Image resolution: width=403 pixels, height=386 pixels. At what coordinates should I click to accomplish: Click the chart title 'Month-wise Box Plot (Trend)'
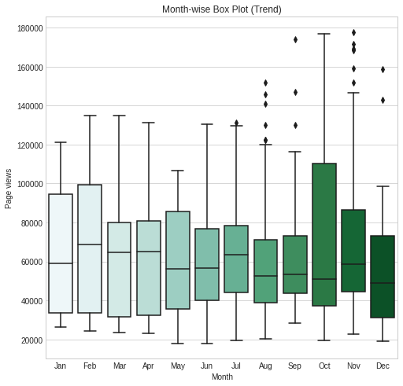[222, 9]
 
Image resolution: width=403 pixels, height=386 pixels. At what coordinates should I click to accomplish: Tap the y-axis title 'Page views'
[8, 189]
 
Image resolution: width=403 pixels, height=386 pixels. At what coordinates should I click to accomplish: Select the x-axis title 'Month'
[222, 377]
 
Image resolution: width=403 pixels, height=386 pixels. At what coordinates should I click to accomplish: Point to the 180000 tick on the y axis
[30, 28]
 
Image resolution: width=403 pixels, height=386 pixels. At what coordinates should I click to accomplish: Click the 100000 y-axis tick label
[30, 184]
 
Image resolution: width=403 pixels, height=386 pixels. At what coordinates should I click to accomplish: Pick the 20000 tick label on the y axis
[31, 340]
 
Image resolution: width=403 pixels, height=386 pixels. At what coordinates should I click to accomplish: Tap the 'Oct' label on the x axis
[324, 366]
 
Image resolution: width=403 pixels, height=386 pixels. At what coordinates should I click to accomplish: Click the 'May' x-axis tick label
[178, 366]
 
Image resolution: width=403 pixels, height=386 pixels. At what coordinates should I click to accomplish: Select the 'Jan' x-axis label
[60, 366]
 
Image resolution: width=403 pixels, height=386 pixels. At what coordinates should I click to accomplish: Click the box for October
[324, 234]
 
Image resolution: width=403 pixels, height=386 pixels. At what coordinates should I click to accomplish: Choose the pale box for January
[61, 253]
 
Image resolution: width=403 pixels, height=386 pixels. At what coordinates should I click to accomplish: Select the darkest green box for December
[383, 277]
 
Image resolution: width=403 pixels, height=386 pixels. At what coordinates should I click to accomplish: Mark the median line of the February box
[90, 244]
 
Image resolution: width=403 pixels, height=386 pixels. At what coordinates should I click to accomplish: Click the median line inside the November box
[353, 264]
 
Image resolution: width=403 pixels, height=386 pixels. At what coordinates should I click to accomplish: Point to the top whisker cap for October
[324, 34]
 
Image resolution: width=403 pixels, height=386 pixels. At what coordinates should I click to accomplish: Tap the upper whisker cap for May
[178, 171]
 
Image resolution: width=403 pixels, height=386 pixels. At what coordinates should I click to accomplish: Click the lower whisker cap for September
[295, 323]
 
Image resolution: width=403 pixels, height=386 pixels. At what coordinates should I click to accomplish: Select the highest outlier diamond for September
[295, 40]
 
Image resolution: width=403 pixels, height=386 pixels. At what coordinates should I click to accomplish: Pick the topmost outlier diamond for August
[265, 83]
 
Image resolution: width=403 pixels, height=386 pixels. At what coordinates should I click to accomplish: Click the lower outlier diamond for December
[383, 100]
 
